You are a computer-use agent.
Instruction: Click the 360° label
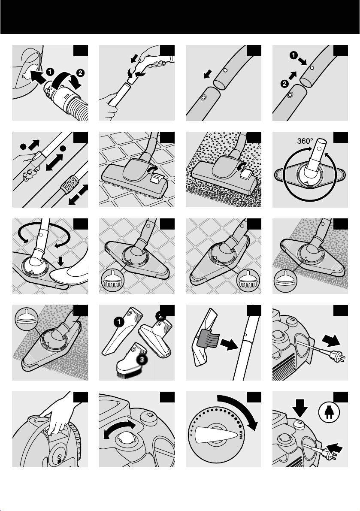[305, 141]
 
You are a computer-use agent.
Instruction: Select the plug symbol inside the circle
[329, 412]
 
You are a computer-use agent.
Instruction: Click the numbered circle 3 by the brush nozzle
[142, 360]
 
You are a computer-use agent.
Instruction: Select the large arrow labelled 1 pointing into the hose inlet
[36, 77]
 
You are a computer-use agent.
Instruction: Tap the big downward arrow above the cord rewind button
[300, 408]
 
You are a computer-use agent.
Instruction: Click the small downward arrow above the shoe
[62, 261]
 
